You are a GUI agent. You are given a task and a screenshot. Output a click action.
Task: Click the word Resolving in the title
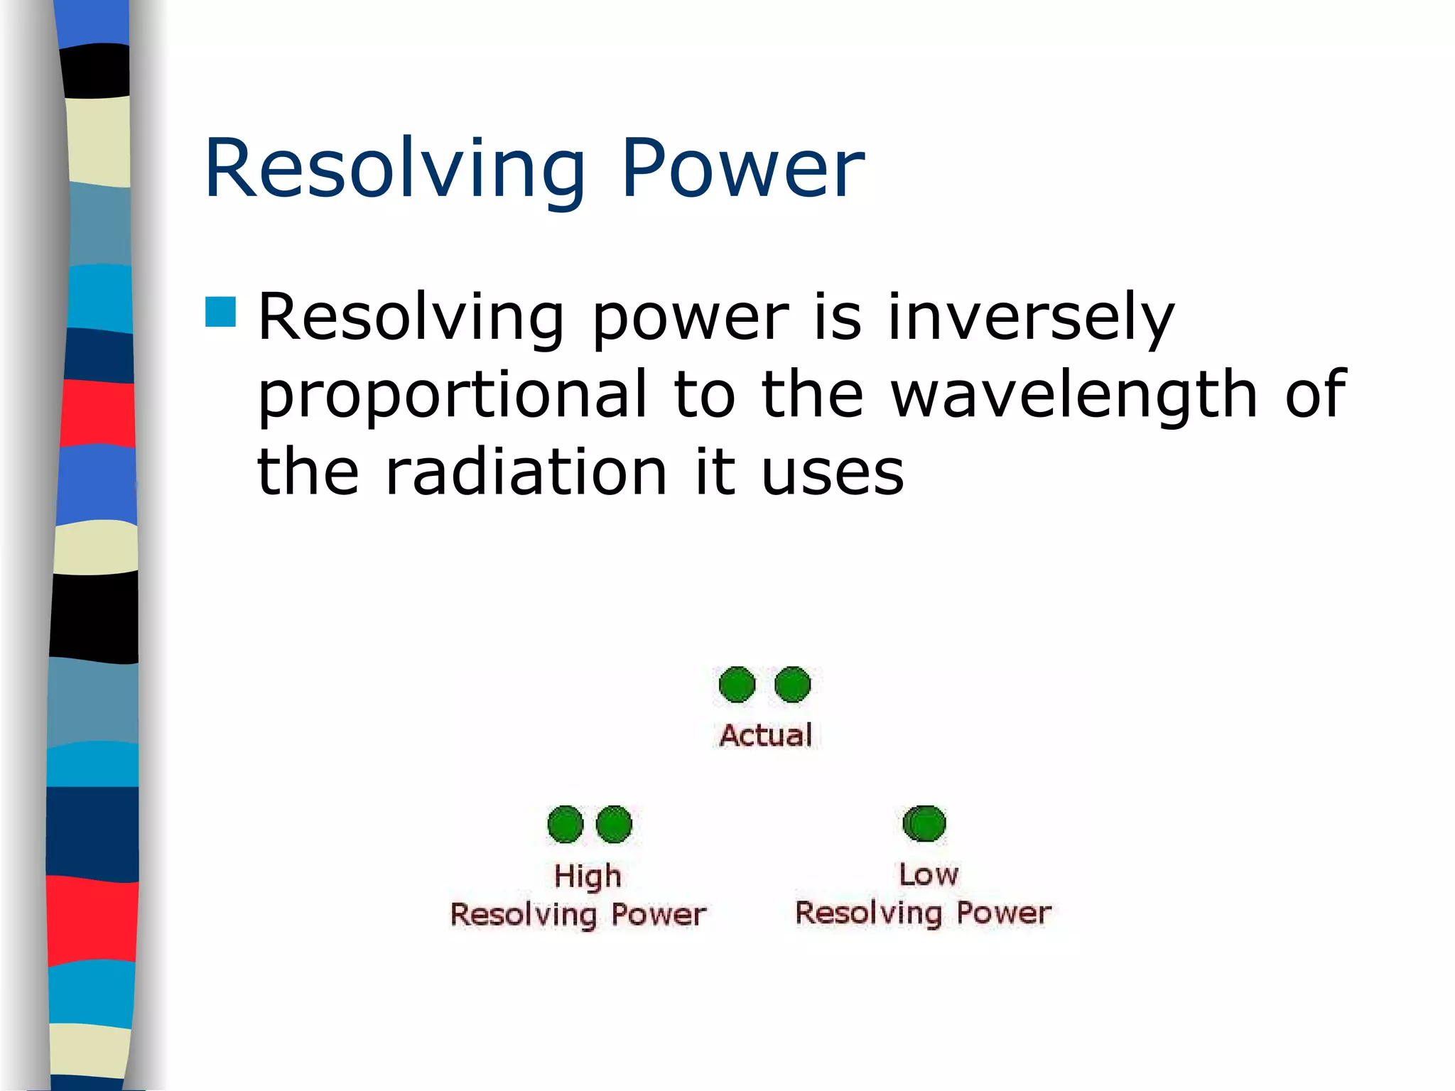[395, 169]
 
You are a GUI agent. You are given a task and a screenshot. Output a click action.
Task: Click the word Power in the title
[742, 169]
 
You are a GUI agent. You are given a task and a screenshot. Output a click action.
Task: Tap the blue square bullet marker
[220, 312]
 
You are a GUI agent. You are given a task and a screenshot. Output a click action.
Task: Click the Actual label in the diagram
[765, 735]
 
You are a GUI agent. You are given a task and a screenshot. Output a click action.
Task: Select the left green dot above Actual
[737, 685]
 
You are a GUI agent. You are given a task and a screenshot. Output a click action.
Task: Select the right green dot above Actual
[792, 685]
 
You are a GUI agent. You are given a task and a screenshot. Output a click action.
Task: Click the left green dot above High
[566, 824]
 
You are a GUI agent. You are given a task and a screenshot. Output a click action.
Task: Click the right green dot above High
[614, 824]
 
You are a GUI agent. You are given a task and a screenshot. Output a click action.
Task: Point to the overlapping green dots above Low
[924, 823]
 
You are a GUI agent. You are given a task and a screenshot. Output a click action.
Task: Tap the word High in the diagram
[588, 876]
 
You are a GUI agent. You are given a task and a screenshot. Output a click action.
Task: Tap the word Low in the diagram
[928, 874]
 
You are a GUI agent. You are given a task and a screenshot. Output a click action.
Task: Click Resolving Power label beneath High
[578, 915]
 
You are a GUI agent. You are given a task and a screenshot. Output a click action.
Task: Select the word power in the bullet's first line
[690, 317]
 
